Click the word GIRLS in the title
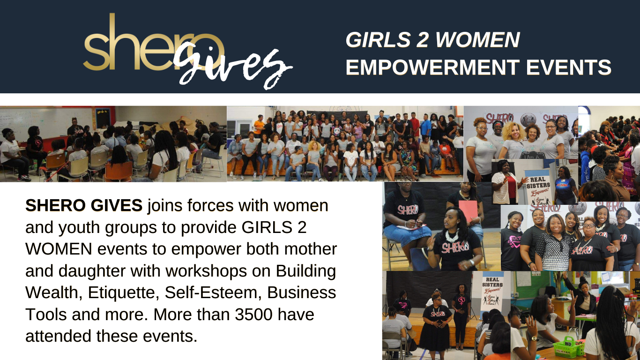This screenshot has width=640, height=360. pos(378,39)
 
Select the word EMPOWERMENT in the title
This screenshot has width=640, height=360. pos(432,67)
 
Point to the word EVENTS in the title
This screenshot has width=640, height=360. pos(569,67)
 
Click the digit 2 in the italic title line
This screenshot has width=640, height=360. pos(423,39)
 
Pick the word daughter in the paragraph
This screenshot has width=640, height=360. pos(92,271)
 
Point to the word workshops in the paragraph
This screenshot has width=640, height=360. pos(206,271)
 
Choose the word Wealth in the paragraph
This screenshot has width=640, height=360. pos(54,292)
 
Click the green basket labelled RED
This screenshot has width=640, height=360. pos(568,347)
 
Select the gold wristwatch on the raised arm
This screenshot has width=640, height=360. pos(533,338)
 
